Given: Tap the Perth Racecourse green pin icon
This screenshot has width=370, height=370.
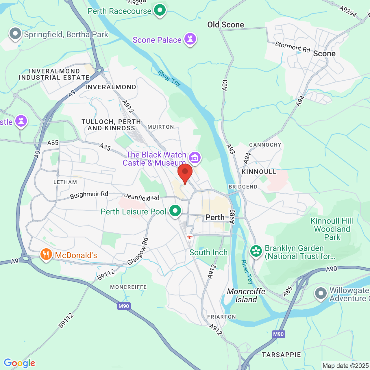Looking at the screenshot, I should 160,10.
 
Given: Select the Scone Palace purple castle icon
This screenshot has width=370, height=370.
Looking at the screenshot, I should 190,39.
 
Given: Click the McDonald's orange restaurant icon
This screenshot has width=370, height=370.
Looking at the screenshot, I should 46,255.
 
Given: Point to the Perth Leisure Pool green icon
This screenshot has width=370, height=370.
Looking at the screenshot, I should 175,211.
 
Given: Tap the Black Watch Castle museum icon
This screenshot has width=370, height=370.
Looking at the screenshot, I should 195,158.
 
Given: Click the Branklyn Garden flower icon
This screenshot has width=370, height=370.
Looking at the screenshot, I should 256,251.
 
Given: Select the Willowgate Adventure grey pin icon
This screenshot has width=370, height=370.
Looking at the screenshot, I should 321,294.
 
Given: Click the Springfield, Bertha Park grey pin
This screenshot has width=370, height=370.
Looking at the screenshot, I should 15,34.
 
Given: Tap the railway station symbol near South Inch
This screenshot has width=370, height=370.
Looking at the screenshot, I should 190,237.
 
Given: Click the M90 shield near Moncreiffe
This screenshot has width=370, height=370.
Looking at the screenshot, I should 124,306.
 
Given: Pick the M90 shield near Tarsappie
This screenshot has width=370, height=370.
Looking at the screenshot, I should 278,334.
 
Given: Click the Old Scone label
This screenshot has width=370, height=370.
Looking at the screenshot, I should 225,25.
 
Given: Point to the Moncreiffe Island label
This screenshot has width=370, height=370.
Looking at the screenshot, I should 246,295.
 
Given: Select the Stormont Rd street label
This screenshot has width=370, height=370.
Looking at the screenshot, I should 292,47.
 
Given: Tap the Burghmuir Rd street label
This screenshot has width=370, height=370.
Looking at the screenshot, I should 89,195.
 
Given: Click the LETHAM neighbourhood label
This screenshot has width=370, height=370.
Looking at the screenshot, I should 65,182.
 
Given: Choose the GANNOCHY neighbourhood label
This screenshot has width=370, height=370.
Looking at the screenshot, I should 265,145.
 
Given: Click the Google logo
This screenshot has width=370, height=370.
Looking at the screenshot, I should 20,363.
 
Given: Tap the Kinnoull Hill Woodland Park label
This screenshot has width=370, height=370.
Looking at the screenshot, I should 332,229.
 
